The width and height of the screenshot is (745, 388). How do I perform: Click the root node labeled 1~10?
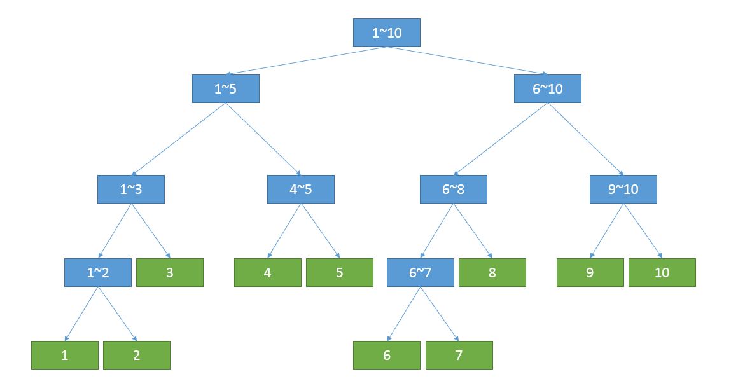387,32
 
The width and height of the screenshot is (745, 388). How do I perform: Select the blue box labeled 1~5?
225,88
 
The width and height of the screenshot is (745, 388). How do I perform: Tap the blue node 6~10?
547,88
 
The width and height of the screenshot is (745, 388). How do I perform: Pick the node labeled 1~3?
131,189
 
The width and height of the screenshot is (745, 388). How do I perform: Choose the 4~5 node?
300,189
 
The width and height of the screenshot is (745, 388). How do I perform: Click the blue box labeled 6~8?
453,189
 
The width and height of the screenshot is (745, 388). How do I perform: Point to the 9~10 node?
623,189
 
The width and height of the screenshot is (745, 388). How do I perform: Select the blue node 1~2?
98,272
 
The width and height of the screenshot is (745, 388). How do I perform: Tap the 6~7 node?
420,272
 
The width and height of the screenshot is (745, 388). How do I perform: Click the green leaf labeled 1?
65,355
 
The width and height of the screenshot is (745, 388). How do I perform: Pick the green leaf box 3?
170,272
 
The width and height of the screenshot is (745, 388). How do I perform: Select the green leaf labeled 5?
339,272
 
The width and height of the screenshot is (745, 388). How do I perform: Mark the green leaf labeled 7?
459,355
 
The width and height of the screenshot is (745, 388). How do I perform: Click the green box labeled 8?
492,272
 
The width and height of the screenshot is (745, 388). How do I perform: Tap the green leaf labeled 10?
662,272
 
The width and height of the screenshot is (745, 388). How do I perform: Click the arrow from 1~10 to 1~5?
306,60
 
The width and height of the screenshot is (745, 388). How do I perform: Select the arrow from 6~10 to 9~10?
585,139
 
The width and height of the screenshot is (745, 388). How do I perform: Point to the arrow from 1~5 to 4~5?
263,139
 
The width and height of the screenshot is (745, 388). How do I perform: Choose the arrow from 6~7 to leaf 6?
403,314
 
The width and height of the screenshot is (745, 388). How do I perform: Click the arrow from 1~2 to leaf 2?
118,314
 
